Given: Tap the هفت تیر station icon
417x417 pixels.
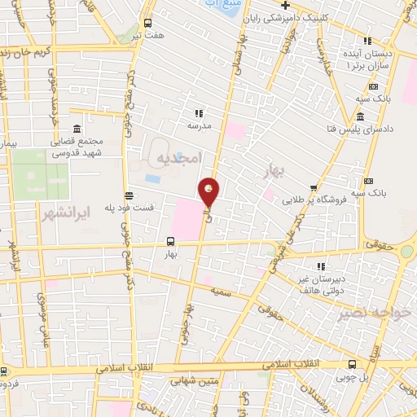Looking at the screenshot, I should tap(147, 24).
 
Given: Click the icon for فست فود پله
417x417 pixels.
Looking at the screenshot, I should tap(129, 195).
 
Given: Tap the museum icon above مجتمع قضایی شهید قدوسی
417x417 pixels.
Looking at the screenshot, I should tap(76, 129).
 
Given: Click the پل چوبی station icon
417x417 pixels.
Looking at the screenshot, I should tap(352, 365).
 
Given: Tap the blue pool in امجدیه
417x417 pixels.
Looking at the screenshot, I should tap(152, 178).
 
